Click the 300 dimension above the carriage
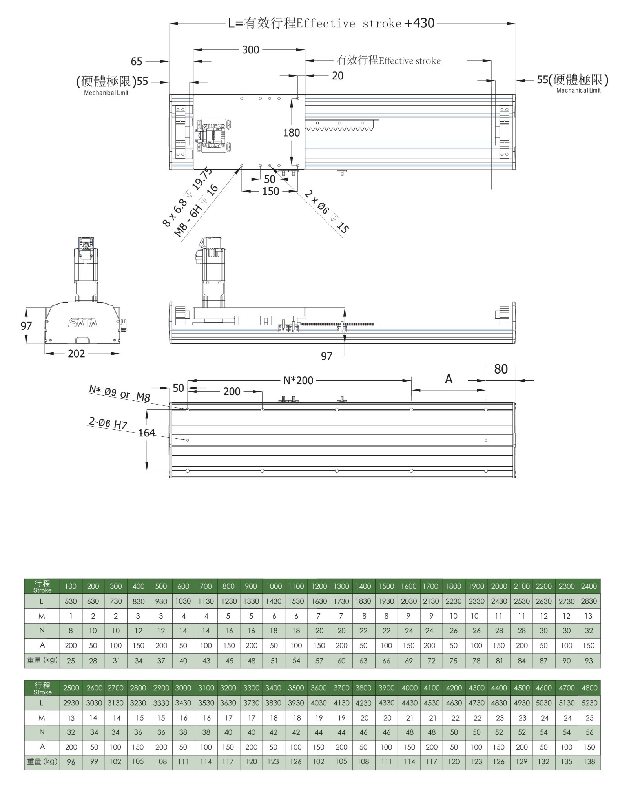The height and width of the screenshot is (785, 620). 250,50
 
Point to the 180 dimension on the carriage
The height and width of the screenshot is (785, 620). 292,133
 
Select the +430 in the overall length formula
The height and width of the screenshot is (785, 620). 419,23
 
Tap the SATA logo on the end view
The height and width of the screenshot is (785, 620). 83,323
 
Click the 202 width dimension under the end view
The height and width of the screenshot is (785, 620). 76,354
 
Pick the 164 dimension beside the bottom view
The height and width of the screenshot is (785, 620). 147,433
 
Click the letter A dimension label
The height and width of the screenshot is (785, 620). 449,379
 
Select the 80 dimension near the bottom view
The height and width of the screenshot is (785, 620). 501,369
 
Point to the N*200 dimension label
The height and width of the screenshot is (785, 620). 298,380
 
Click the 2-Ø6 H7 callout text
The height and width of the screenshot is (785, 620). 108,423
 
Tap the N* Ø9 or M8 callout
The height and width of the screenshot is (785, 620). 119,393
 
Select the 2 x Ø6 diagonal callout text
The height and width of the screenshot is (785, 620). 326,212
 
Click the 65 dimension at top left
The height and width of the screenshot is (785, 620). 137,61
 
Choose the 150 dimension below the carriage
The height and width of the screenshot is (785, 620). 270,191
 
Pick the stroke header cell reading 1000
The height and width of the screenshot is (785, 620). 274,586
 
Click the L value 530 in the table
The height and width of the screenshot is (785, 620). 71,601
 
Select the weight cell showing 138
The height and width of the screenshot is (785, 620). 589,761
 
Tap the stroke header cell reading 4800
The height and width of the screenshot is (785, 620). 589,688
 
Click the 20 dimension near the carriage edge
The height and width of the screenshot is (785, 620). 337,75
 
